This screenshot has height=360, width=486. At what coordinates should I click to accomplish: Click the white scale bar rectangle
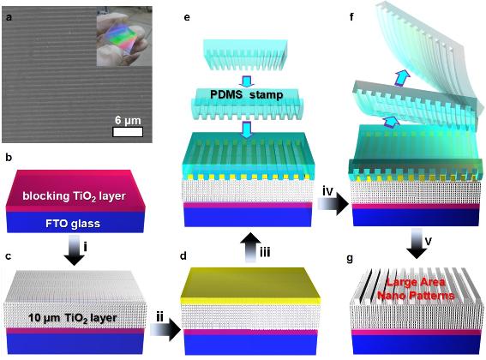(x=128, y=132)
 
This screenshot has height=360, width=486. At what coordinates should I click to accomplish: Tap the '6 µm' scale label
(x=128, y=120)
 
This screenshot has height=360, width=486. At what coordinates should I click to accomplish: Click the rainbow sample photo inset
(x=124, y=36)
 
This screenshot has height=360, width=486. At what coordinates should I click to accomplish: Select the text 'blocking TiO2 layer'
(x=74, y=196)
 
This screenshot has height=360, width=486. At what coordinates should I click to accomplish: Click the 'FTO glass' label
(x=73, y=224)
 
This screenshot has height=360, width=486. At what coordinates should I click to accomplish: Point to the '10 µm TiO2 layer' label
(x=73, y=318)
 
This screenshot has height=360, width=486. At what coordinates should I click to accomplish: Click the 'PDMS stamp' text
(x=247, y=94)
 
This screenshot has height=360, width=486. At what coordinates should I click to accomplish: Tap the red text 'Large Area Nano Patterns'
(x=416, y=289)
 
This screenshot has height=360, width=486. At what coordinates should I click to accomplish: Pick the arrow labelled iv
(x=333, y=204)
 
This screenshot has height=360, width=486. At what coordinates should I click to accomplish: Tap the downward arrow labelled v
(x=417, y=243)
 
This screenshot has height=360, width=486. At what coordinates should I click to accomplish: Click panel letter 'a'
(x=9, y=17)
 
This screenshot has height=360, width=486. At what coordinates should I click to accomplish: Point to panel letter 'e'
(x=187, y=17)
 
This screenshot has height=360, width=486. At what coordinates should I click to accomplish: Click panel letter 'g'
(x=350, y=258)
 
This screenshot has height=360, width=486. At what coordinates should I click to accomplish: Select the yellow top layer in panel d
(x=250, y=286)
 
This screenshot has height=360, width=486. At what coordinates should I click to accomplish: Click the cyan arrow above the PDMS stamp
(x=247, y=81)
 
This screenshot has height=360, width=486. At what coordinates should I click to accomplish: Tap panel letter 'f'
(x=351, y=16)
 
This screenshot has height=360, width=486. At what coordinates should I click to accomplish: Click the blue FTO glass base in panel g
(x=417, y=345)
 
